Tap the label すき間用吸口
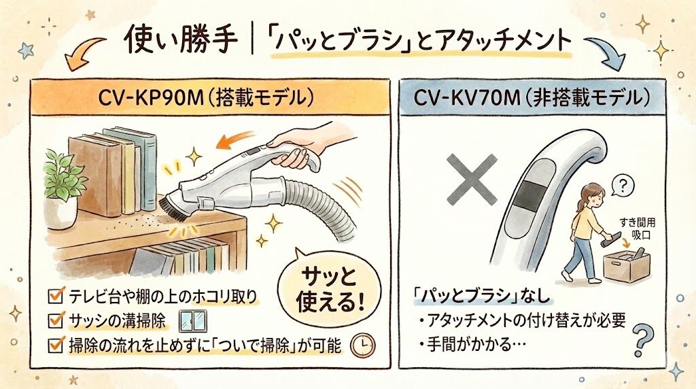coord(637,229)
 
